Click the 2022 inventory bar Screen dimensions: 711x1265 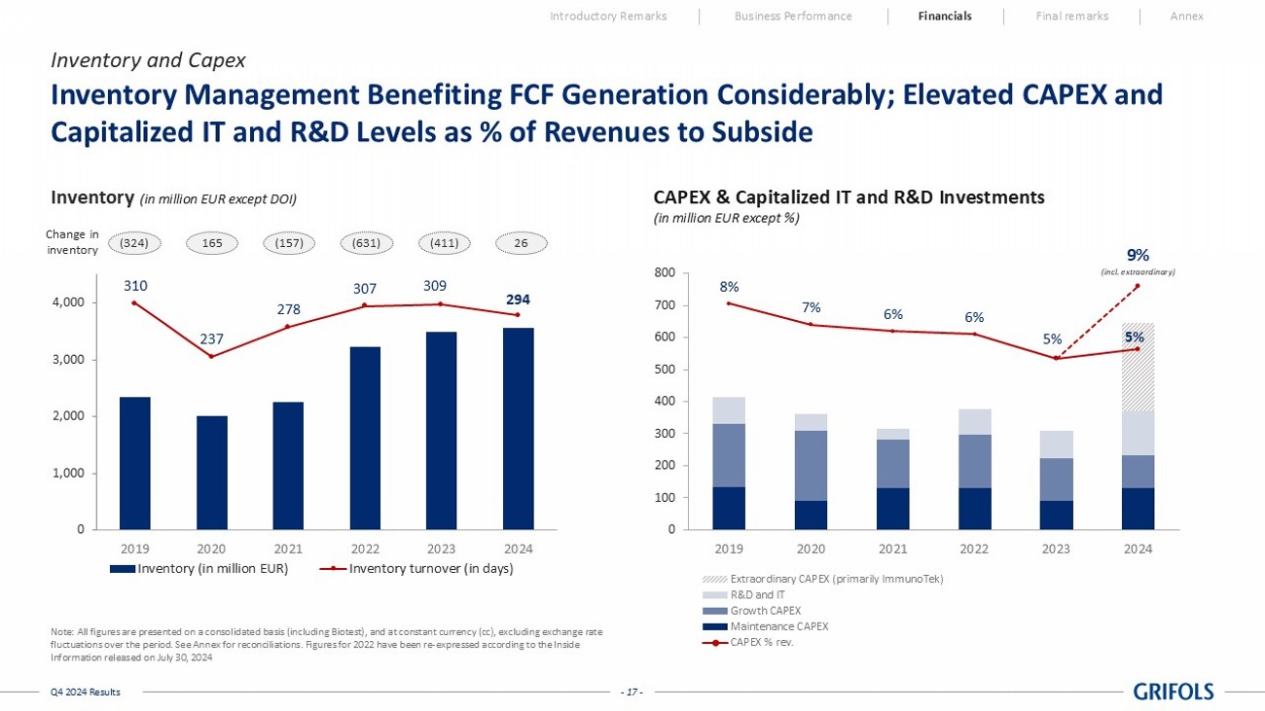click(x=365, y=438)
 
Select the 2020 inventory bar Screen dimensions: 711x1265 click(x=211, y=473)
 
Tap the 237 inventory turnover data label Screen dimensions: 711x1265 click(x=212, y=339)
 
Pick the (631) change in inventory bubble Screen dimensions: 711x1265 click(x=366, y=242)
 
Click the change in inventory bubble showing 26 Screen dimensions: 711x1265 click(x=521, y=242)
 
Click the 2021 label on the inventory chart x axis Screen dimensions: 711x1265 click(x=288, y=548)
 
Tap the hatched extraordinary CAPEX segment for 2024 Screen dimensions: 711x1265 click(x=1138, y=367)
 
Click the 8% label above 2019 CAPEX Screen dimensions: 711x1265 click(x=729, y=286)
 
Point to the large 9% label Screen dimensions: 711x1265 click(x=1138, y=255)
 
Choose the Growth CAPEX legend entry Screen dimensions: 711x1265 click(x=764, y=611)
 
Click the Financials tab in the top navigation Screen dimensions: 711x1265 click(x=944, y=16)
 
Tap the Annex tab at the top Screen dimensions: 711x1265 click(x=1186, y=16)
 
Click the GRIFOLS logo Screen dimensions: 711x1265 click(x=1174, y=692)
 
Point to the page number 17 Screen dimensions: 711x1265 click(x=632, y=692)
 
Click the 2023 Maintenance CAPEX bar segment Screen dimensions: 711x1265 click(x=1056, y=515)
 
